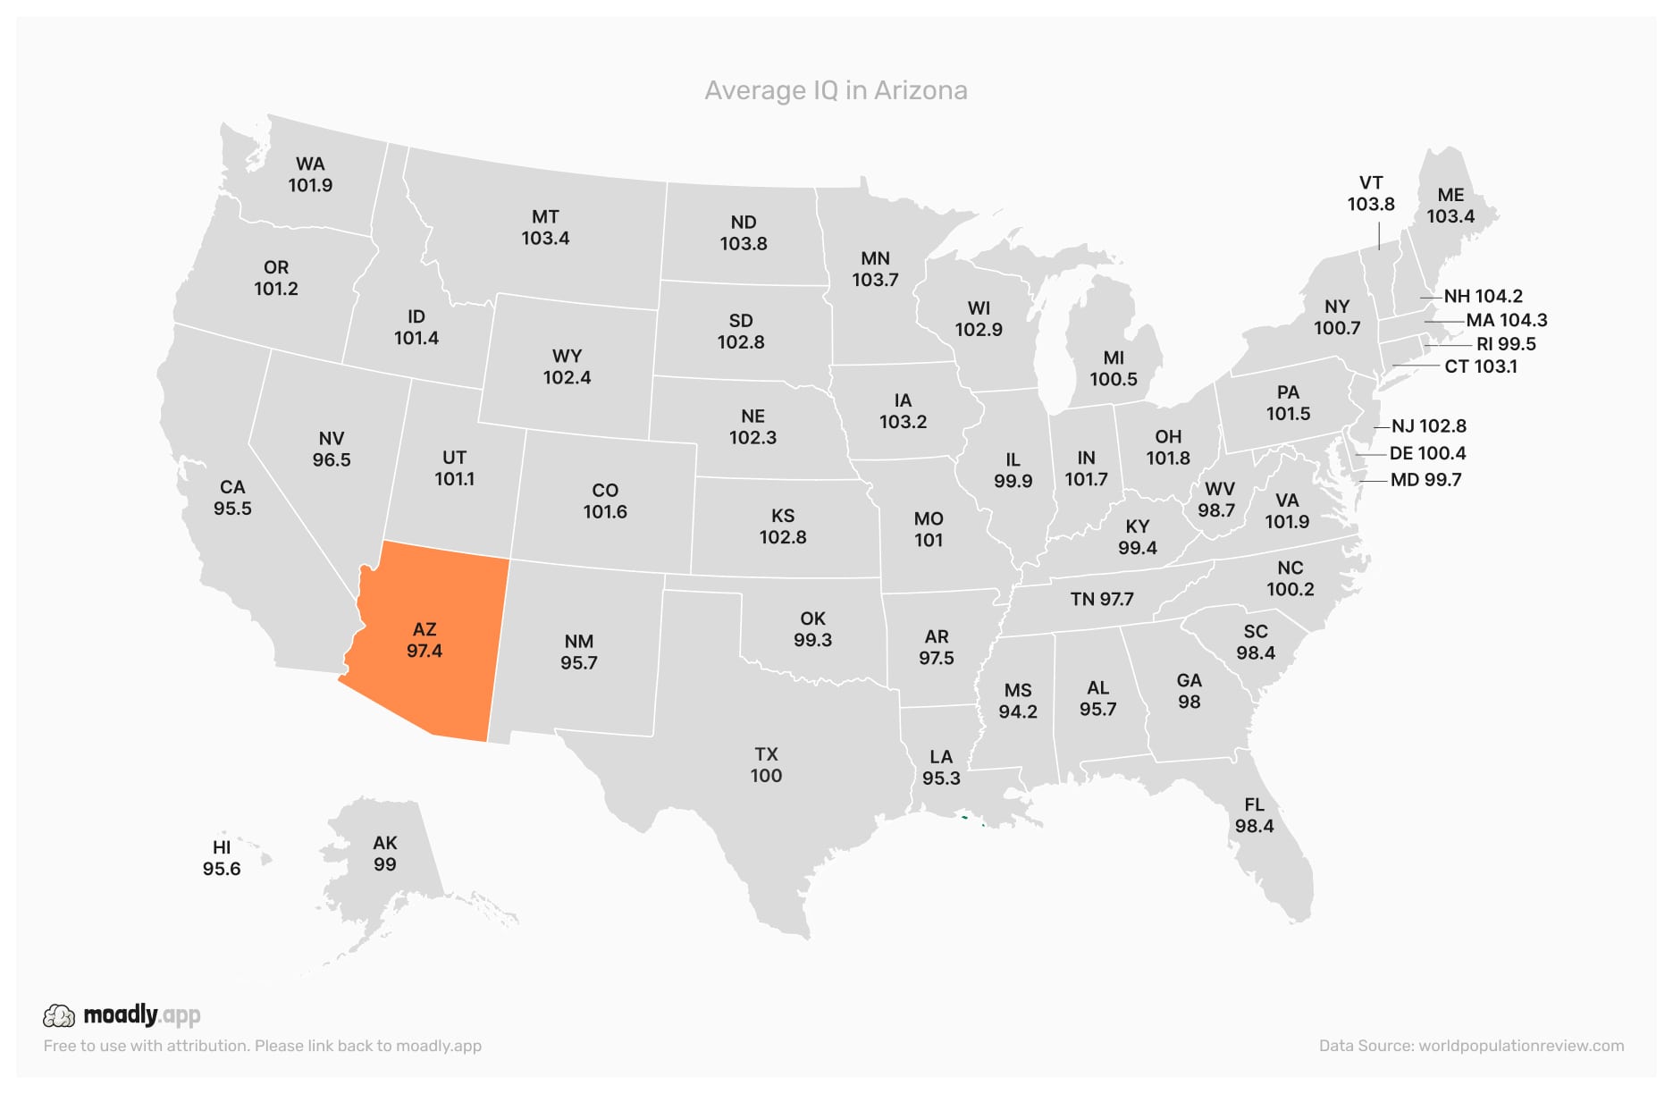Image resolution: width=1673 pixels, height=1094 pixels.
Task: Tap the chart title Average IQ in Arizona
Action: [x=836, y=90]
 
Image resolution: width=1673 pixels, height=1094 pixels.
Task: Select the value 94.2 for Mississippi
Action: [x=1018, y=712]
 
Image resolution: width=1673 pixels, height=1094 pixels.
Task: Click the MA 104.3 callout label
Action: [x=1506, y=320]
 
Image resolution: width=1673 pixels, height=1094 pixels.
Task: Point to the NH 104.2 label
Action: [x=1483, y=296]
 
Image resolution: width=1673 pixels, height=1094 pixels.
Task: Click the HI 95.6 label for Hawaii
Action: [x=222, y=858]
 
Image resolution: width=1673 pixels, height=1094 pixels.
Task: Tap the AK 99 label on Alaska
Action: [x=385, y=854]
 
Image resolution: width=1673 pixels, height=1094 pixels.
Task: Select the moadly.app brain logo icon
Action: [x=59, y=1015]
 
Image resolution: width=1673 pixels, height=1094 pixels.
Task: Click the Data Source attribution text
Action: [x=1471, y=1046]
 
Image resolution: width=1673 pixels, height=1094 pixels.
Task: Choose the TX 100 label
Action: [x=766, y=765]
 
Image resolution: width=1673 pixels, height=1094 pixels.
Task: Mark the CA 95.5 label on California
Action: [x=232, y=498]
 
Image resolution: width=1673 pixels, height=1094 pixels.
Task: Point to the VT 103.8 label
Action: [x=1371, y=193]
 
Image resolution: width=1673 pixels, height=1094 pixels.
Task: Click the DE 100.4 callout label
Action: [x=1427, y=453]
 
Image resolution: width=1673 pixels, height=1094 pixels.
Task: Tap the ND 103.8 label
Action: [x=744, y=232]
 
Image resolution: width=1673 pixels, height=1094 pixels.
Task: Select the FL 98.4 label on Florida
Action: [x=1254, y=815]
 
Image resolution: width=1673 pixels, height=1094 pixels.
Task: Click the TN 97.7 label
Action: [x=1102, y=599]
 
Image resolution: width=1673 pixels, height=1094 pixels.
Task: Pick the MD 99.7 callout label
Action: [x=1425, y=480]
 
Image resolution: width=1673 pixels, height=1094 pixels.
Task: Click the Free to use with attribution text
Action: [x=262, y=1046]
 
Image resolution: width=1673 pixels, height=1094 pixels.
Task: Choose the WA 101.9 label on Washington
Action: [x=310, y=174]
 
